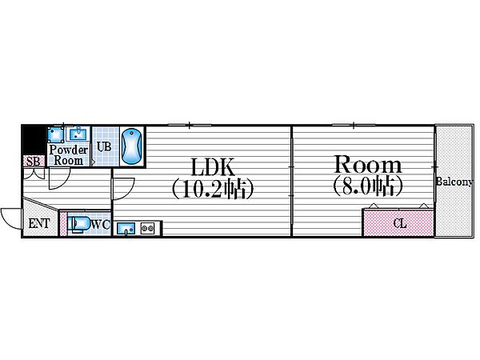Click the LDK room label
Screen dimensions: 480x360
[x=213, y=167]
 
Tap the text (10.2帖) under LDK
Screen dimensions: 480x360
[x=213, y=190]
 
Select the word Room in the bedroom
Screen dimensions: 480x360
[x=368, y=164]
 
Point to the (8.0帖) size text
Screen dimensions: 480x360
[x=368, y=186]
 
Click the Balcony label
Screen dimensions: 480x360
[x=454, y=182]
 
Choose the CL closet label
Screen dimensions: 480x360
[x=400, y=223]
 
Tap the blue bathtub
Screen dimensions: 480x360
[x=131, y=146]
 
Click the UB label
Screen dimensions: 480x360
[x=104, y=146]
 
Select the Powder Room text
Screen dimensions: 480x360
[x=69, y=155]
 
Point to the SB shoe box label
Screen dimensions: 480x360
[x=34, y=162]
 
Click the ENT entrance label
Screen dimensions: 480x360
[x=39, y=223]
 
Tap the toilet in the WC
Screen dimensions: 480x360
[x=79, y=225]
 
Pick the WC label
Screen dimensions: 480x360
[x=101, y=225]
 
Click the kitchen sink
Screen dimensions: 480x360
[x=126, y=229]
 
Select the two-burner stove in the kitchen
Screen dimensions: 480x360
[x=147, y=228]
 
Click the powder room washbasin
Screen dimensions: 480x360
[x=78, y=134]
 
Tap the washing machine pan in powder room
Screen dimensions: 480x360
[x=56, y=134]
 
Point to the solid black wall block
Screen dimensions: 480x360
[x=34, y=140]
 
